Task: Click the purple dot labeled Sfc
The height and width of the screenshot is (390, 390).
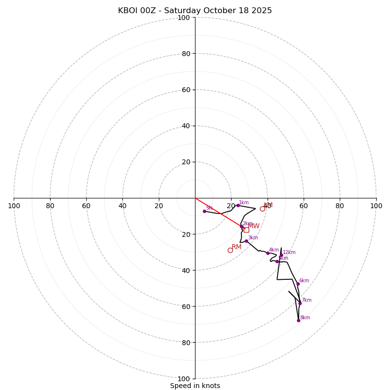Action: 204,211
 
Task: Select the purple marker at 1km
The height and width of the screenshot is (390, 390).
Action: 238,205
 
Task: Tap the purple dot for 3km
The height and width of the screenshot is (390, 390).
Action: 246,241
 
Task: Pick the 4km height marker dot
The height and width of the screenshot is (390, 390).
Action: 268,253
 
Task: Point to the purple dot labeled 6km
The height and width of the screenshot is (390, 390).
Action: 298,284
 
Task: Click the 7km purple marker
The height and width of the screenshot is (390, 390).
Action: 300,303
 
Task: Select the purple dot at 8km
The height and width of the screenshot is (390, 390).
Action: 298,320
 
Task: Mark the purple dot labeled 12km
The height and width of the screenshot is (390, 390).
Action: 281,255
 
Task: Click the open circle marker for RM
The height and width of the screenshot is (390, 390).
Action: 230,250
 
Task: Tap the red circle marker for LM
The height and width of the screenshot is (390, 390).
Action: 262,209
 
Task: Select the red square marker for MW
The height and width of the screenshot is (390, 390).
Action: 246,230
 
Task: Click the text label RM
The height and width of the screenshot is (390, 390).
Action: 236,247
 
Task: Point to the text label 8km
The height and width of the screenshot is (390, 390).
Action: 305,318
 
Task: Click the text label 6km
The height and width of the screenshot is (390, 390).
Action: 304,281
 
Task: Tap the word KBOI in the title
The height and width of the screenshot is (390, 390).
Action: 128,11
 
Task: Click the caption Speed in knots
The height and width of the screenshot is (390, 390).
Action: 195,386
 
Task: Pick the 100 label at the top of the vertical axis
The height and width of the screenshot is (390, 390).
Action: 184,18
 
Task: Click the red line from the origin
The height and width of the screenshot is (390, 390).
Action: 218,213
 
